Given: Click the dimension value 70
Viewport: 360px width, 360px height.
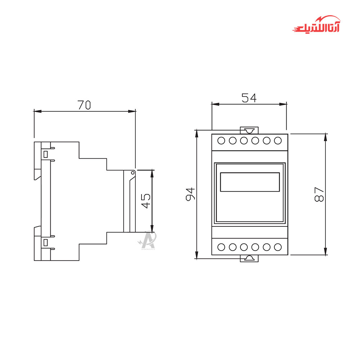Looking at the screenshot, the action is coord(84,105).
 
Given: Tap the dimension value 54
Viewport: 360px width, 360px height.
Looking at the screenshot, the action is coord(249,98).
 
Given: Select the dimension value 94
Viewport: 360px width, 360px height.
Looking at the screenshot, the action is coord(190,194).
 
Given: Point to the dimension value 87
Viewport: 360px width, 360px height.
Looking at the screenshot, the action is coord(319,194).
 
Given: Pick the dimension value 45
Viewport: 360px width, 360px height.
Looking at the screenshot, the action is coord(146,201).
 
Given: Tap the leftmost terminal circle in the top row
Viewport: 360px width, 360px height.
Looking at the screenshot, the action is coord(221,140).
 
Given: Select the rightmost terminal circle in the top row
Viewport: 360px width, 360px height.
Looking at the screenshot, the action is coord(278,140).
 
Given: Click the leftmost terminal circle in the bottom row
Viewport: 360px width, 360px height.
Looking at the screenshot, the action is coord(221,247).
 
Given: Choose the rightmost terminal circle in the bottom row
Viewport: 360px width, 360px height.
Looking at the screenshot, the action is coord(278,247).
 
